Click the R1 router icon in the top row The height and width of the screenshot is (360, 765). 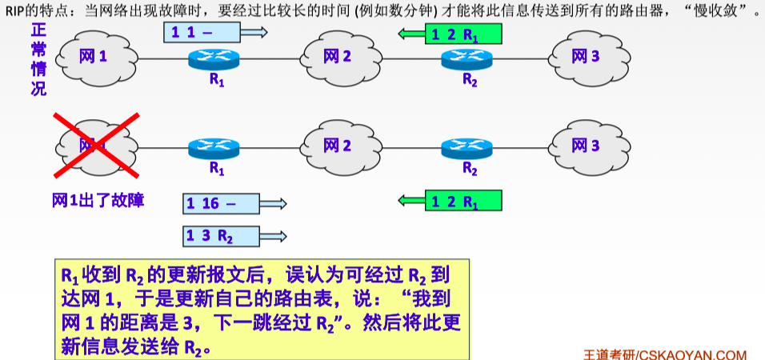click(x=215, y=58)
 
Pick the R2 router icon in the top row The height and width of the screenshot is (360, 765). click(x=468, y=58)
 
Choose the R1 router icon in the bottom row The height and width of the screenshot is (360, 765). click(x=215, y=148)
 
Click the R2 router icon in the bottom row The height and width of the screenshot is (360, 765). click(x=468, y=148)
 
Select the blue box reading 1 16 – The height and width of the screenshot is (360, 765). click(x=221, y=203)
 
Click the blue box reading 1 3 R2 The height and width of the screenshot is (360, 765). click(x=221, y=236)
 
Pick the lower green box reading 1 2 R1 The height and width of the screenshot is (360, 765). click(x=463, y=201)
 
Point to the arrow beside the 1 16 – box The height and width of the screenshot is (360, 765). click(x=273, y=204)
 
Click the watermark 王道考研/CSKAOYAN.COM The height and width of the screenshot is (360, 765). click(x=665, y=354)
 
